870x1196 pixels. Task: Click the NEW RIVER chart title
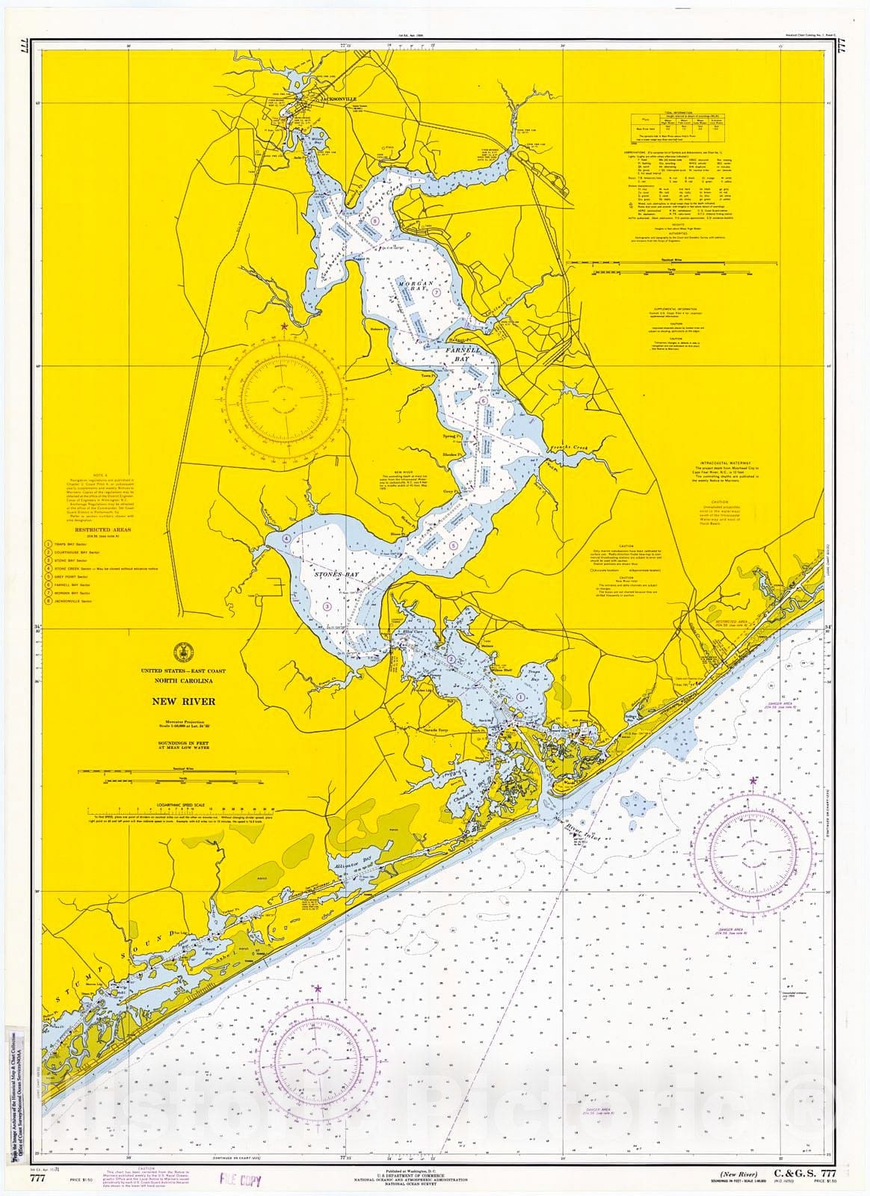point(183,701)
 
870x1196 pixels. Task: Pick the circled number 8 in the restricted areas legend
point(48,600)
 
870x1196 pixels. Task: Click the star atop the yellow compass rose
point(283,327)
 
